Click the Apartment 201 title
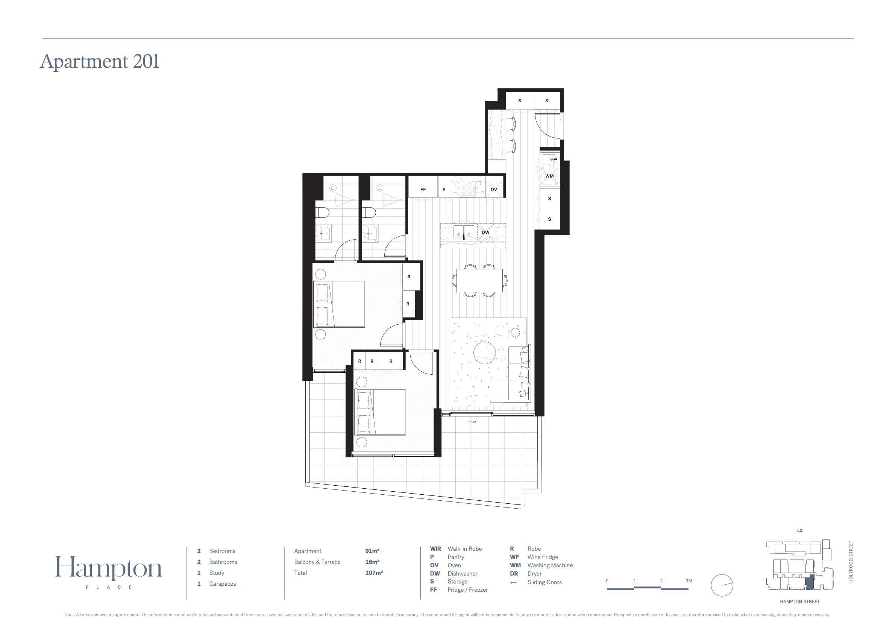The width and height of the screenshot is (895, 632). tap(100, 62)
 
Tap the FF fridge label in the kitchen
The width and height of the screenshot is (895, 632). tap(423, 190)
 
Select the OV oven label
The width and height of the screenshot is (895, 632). tap(494, 190)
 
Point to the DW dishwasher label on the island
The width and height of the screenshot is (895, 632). tap(485, 232)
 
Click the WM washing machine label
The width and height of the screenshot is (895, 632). tap(549, 176)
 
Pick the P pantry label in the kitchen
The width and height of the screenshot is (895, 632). tap(444, 190)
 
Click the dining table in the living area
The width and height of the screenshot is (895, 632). tap(479, 280)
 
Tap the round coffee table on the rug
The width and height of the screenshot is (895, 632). tap(484, 353)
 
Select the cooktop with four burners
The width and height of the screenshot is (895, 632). tap(467, 189)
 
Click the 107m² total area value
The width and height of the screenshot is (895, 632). tap(374, 573)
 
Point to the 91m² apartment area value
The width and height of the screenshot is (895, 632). tap(372, 551)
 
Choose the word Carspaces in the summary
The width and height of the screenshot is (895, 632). tap(223, 583)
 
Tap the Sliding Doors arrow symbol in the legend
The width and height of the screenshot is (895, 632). tap(513, 582)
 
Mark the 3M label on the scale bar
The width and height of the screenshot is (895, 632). tap(689, 581)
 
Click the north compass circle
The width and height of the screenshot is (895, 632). tap(722, 585)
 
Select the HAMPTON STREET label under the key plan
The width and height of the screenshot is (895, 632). tap(799, 602)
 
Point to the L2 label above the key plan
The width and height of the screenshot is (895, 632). tap(799, 531)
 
